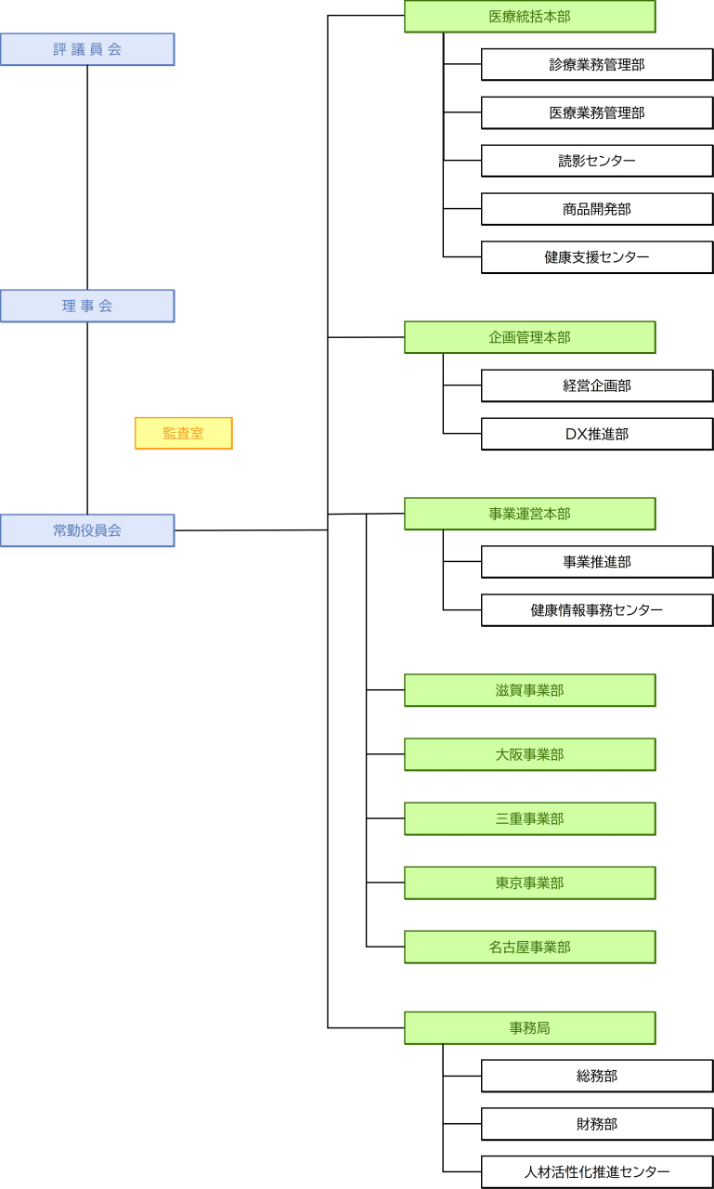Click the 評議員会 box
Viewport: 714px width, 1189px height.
tap(87, 49)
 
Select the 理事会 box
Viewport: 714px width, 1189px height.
tap(87, 306)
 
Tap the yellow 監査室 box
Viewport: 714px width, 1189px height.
tap(183, 433)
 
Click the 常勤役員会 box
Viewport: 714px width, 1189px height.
tap(87, 530)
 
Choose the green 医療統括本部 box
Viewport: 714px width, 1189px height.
tap(529, 17)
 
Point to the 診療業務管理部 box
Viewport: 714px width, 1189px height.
tap(597, 65)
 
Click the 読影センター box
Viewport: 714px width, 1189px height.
tap(597, 161)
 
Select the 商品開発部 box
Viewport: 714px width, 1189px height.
tap(597, 209)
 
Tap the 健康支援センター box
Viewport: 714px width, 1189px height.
tap(597, 257)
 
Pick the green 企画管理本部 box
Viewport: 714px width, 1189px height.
tap(529, 337)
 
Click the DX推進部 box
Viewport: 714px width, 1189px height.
tap(597, 434)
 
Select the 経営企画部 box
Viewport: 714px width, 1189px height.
tap(597, 385)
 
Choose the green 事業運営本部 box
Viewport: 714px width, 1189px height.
tap(529, 514)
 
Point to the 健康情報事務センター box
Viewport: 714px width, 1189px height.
tap(597, 610)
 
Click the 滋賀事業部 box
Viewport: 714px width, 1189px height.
tap(529, 690)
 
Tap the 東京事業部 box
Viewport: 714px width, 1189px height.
tap(529, 882)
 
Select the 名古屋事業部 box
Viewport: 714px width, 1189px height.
tap(529, 947)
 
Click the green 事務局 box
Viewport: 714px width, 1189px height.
tap(529, 1027)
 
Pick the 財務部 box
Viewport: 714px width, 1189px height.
tap(597, 1124)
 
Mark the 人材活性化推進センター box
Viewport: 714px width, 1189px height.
tap(597, 1172)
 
